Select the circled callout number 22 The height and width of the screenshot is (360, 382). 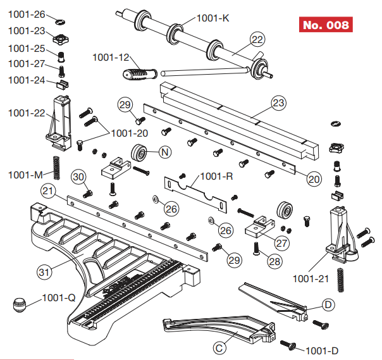tap(257, 39)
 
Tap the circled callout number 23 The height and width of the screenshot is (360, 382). tap(279, 102)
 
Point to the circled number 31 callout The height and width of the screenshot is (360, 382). tap(44, 273)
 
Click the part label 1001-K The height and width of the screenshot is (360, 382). tap(213, 18)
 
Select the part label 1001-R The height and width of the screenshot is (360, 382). tap(217, 177)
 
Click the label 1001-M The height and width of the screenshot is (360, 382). tap(25, 173)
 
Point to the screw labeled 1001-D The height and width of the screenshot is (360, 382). tap(289, 344)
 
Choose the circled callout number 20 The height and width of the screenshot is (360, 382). tap(313, 178)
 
